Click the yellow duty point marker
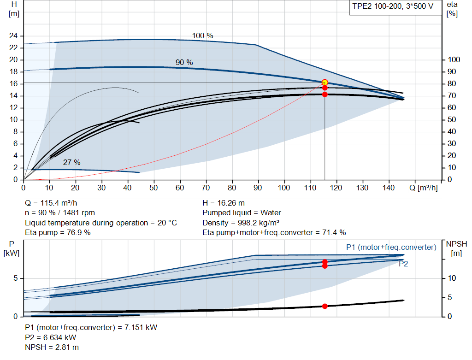coord(325,83)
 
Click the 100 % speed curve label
coord(203,36)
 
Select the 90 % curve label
coord(184,62)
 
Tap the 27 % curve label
coord(71,163)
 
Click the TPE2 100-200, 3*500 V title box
coord(393,7)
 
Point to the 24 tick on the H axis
coord(13,36)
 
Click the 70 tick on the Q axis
coord(206,188)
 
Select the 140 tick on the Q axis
coord(388,188)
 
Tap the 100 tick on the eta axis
coord(454,59)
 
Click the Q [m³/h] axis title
coord(424,188)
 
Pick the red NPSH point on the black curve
coord(325,306)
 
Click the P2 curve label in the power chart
coord(403,264)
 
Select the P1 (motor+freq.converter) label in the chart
coord(391,248)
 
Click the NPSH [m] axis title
coord(456,248)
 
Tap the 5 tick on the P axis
coord(15,278)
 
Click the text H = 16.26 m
coord(224,203)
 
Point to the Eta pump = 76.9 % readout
coord(58,233)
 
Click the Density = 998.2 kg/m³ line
coord(241,223)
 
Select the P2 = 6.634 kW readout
coord(51,338)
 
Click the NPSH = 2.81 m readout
coord(52,348)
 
